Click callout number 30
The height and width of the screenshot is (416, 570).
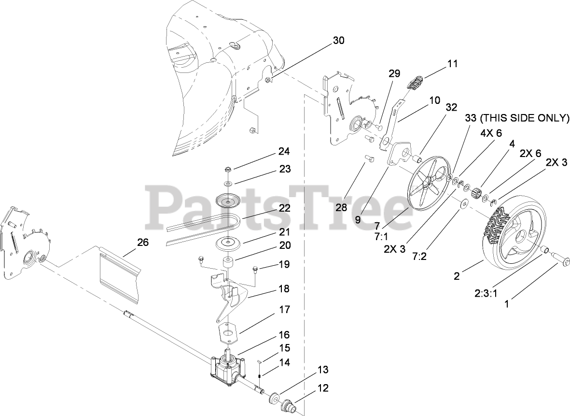click(x=338, y=41)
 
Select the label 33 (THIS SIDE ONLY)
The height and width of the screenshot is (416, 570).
click(x=516, y=118)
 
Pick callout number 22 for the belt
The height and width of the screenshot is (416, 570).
click(x=284, y=208)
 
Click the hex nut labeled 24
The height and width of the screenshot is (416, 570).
click(x=228, y=170)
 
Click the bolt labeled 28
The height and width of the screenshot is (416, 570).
click(x=369, y=158)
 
